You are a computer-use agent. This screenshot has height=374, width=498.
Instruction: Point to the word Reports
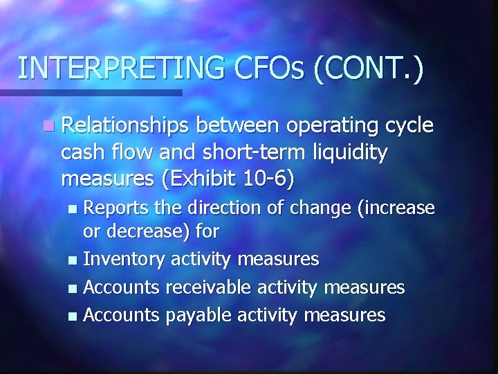click(x=115, y=208)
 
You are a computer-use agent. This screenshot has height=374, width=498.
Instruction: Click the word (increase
click(x=394, y=208)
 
